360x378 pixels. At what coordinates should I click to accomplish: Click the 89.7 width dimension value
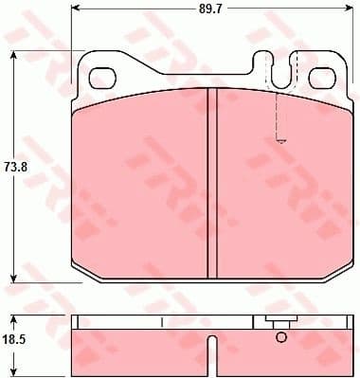coord(210,11)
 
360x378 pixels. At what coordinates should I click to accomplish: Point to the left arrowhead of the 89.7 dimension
coord(76,10)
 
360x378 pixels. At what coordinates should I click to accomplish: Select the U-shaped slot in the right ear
coord(279,70)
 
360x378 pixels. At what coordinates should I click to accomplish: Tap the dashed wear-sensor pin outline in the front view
coord(279,118)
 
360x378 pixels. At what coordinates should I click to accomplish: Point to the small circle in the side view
coord(279,336)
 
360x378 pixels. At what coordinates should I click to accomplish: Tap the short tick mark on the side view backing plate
coord(163,323)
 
